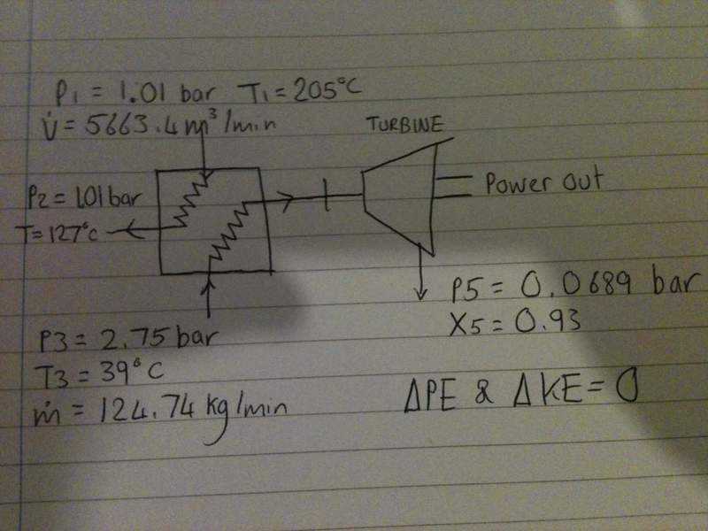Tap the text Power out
click(x=543, y=183)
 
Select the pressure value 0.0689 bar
click(x=602, y=285)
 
